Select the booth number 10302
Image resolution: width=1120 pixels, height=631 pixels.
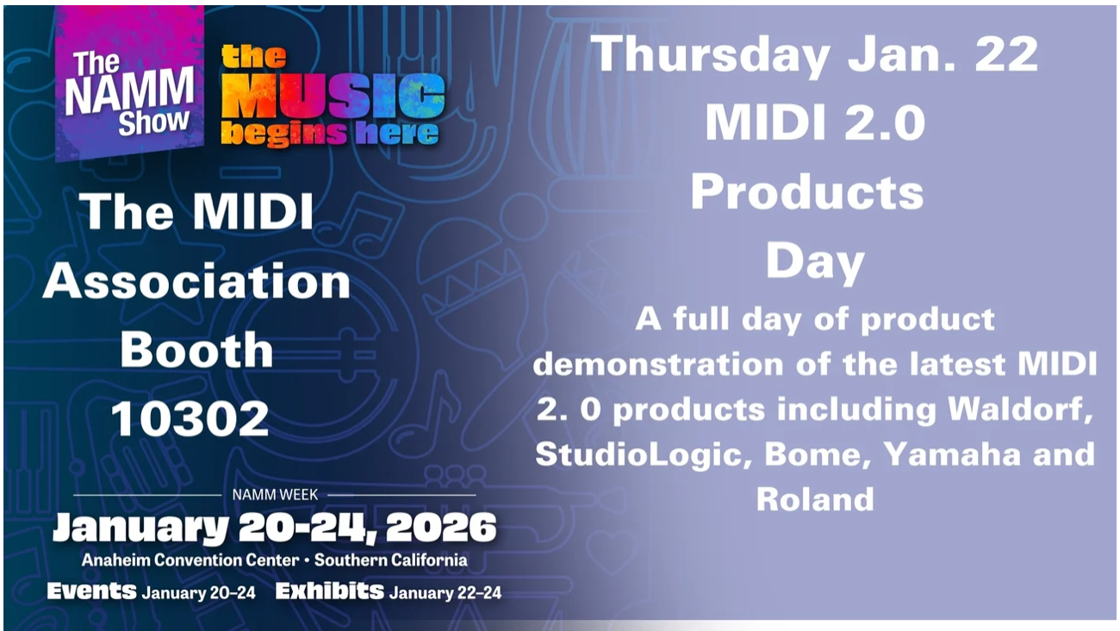click(190, 419)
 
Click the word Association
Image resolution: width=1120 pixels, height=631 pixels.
click(196, 281)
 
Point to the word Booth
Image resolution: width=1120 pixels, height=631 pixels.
click(196, 349)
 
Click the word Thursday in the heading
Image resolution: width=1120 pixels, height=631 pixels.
click(711, 55)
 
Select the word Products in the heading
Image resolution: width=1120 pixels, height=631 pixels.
click(807, 192)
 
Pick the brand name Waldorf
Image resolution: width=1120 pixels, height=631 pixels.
click(1020, 409)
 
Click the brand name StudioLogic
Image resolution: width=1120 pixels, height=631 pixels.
click(643, 455)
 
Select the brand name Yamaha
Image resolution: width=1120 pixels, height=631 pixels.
click(952, 454)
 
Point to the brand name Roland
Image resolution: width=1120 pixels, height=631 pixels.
click(815, 499)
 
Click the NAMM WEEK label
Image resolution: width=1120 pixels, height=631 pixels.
click(275, 495)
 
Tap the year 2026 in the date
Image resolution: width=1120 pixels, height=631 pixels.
click(441, 528)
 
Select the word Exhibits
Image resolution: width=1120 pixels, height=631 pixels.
click(329, 591)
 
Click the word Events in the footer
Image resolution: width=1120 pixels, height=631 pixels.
click(91, 591)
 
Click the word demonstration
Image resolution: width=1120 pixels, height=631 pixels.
click(659, 364)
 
